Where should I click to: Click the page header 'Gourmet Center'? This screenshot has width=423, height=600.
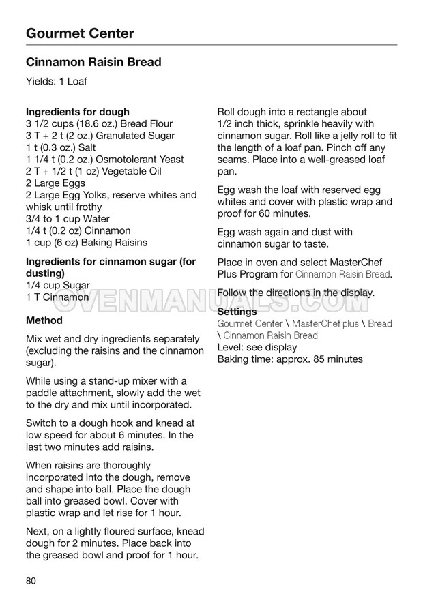(80, 33)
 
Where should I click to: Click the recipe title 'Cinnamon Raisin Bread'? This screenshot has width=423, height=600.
(93, 62)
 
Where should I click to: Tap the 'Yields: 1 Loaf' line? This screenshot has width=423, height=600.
(57, 82)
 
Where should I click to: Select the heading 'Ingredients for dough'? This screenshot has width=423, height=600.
(77, 112)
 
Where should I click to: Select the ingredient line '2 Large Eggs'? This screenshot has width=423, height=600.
(55, 183)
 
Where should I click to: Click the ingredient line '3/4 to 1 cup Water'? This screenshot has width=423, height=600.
(68, 219)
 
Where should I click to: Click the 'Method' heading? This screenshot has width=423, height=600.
(44, 320)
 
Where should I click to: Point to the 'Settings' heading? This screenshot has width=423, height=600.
(237, 312)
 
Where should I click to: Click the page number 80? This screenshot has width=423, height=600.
(31, 581)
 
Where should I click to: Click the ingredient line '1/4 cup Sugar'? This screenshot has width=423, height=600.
(57, 286)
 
